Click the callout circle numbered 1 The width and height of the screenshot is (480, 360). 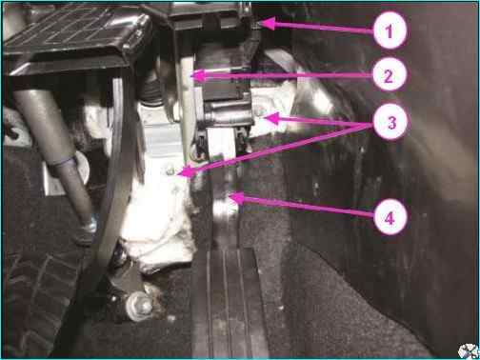390,30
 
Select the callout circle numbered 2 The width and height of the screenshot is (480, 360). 390,76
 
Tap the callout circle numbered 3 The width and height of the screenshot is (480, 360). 390,123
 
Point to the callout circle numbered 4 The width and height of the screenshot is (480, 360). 390,217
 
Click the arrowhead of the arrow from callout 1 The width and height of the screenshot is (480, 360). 268,24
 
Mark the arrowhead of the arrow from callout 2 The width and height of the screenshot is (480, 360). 199,76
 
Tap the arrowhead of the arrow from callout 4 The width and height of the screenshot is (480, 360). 236,198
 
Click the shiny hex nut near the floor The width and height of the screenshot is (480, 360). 140,306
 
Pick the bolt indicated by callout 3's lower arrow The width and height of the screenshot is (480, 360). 170,171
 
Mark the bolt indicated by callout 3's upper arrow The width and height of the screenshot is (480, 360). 260,111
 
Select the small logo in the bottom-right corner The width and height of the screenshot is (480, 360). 469,351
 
